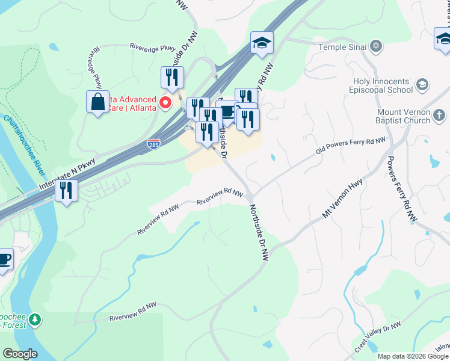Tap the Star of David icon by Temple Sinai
(x=376, y=46)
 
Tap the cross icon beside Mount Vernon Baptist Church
(x=440, y=115)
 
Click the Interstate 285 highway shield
(x=154, y=144)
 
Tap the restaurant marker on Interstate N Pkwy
(x=66, y=191)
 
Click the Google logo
(x=20, y=354)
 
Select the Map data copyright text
(x=412, y=356)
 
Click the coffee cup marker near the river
(x=4, y=259)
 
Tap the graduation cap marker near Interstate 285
(x=262, y=43)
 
